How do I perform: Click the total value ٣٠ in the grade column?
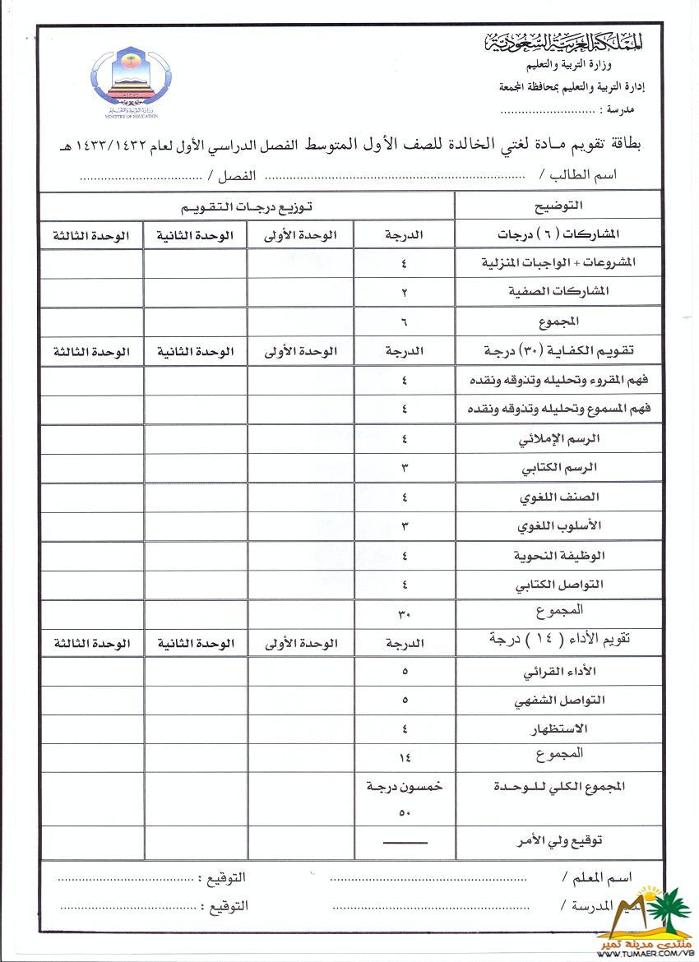tap(405, 613)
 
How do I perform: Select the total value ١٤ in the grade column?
tap(405, 758)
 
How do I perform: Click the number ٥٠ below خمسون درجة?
tap(405, 813)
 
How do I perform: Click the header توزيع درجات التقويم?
tap(248, 205)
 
